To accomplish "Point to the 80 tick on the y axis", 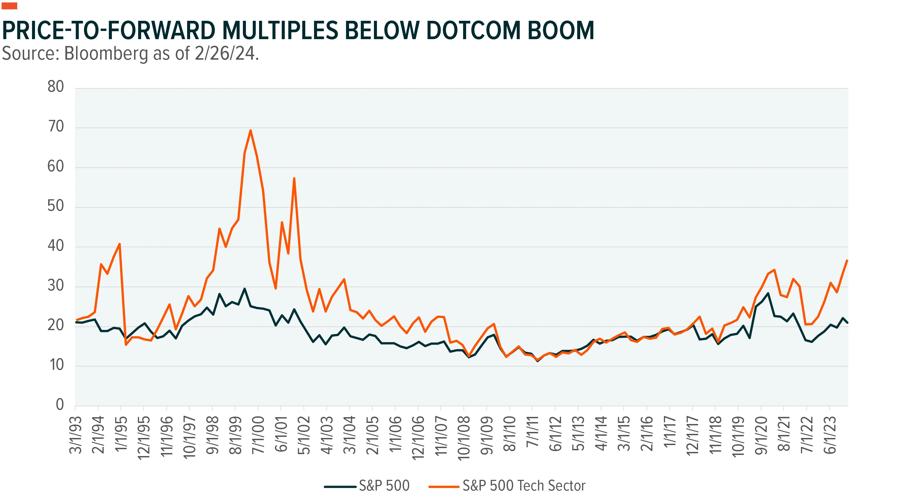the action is pyautogui.click(x=56, y=87).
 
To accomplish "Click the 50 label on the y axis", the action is pyautogui.click(x=56, y=206).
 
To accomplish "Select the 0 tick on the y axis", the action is pyautogui.click(x=60, y=405).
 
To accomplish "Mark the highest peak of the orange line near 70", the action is pyautogui.click(x=251, y=130).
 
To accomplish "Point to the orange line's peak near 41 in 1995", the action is pyautogui.click(x=120, y=244).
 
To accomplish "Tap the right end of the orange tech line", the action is pyautogui.click(x=847, y=260).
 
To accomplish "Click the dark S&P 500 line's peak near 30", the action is pyautogui.click(x=244, y=289).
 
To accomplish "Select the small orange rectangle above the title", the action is pyautogui.click(x=10, y=6).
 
